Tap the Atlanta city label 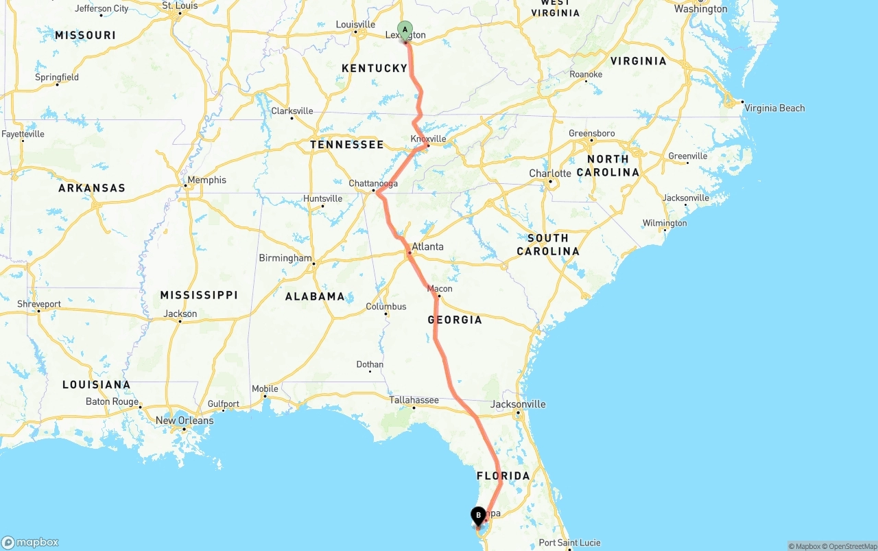click(427, 246)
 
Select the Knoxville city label click(428, 139)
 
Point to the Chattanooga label click(373, 183)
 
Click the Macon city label click(440, 288)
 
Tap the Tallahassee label click(414, 399)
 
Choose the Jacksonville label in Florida click(518, 403)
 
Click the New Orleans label click(185, 420)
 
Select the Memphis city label click(206, 180)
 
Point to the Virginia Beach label click(774, 108)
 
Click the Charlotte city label click(550, 173)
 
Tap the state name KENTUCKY click(375, 68)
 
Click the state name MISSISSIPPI click(199, 295)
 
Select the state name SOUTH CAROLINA click(547, 244)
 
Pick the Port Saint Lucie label click(569, 543)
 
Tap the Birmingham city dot click(313, 264)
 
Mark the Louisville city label click(355, 24)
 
